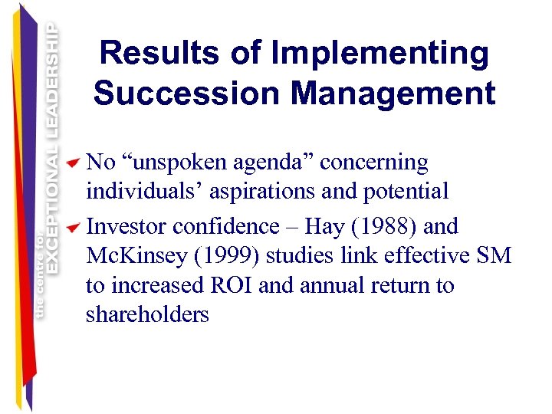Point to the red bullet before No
point(73,163)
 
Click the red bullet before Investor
point(73,228)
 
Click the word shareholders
point(147,314)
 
